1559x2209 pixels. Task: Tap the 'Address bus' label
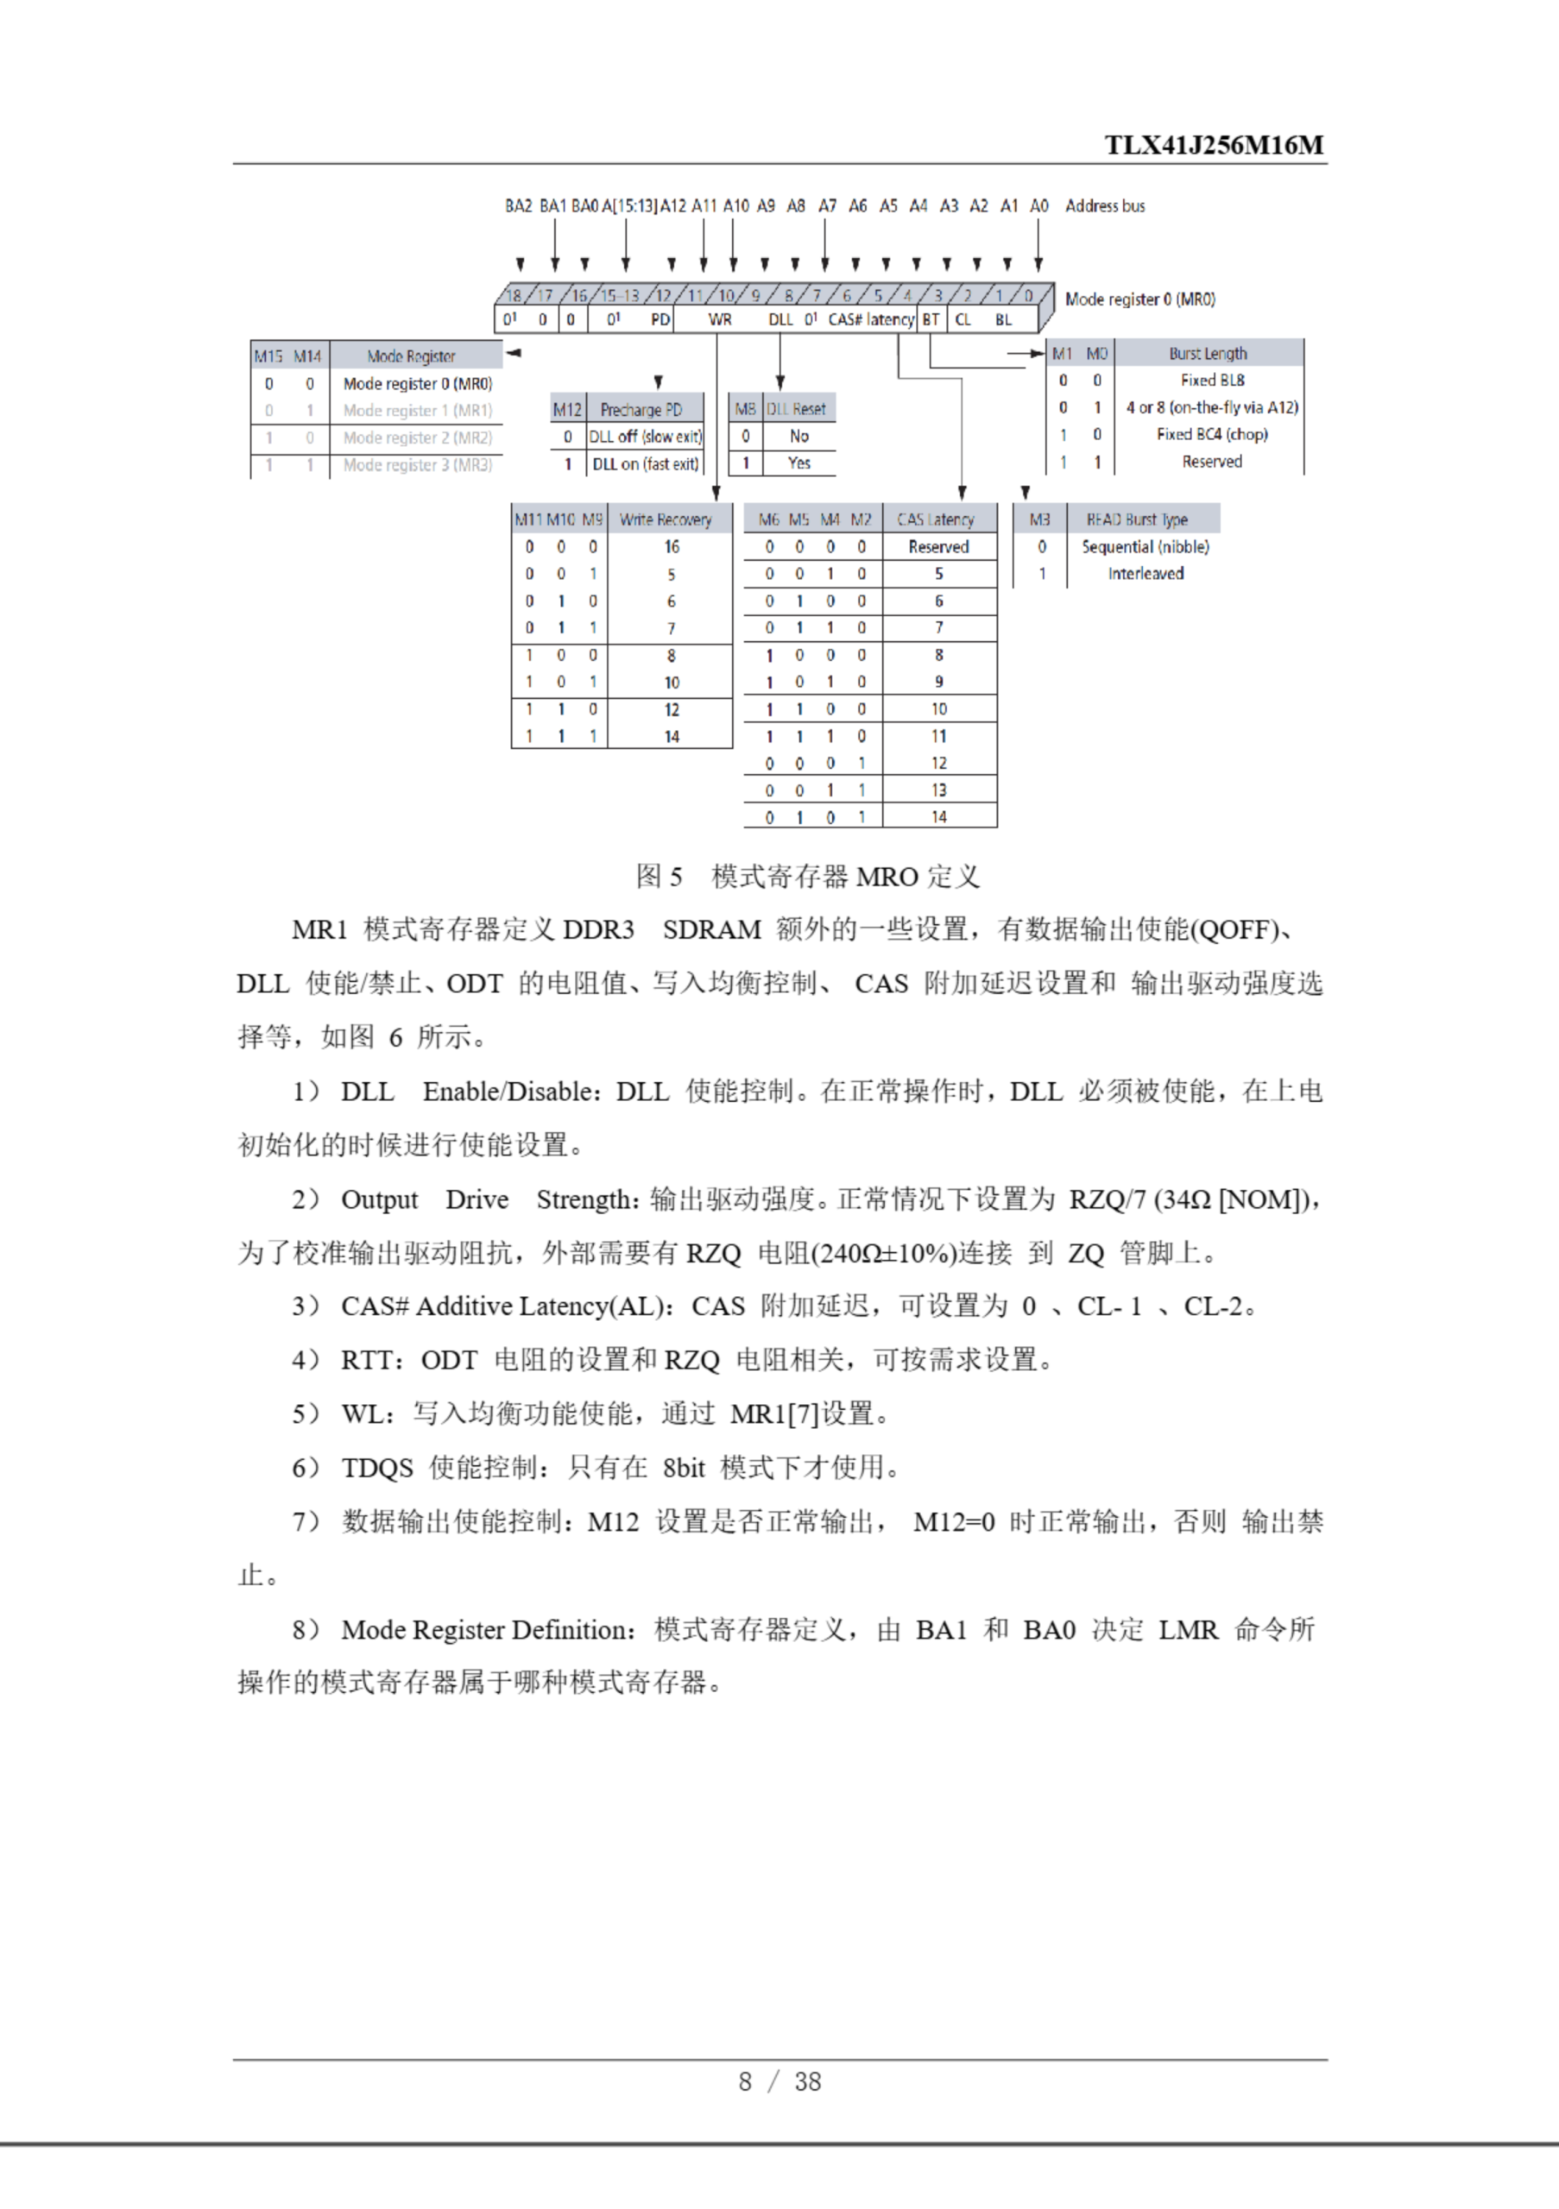1105,206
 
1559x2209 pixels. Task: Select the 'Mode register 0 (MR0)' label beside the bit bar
1139,299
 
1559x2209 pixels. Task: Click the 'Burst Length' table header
1208,353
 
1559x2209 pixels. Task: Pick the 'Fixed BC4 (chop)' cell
1212,435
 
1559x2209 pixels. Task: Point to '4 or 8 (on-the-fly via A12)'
1212,408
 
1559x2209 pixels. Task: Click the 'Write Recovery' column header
665,519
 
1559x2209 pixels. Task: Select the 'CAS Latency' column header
936,519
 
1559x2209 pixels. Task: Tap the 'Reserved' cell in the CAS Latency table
938,546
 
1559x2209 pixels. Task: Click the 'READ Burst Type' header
1137,519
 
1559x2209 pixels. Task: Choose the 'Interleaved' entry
1146,574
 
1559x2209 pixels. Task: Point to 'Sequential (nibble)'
1146,546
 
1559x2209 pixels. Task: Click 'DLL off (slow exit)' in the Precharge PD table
645,437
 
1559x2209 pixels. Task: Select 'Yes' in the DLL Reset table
798,463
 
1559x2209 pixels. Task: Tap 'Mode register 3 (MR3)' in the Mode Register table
418,465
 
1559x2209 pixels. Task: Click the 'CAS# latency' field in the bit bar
871,319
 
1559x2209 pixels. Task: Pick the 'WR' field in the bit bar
720,319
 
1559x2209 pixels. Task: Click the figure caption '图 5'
660,877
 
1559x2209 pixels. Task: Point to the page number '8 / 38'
779,2081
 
